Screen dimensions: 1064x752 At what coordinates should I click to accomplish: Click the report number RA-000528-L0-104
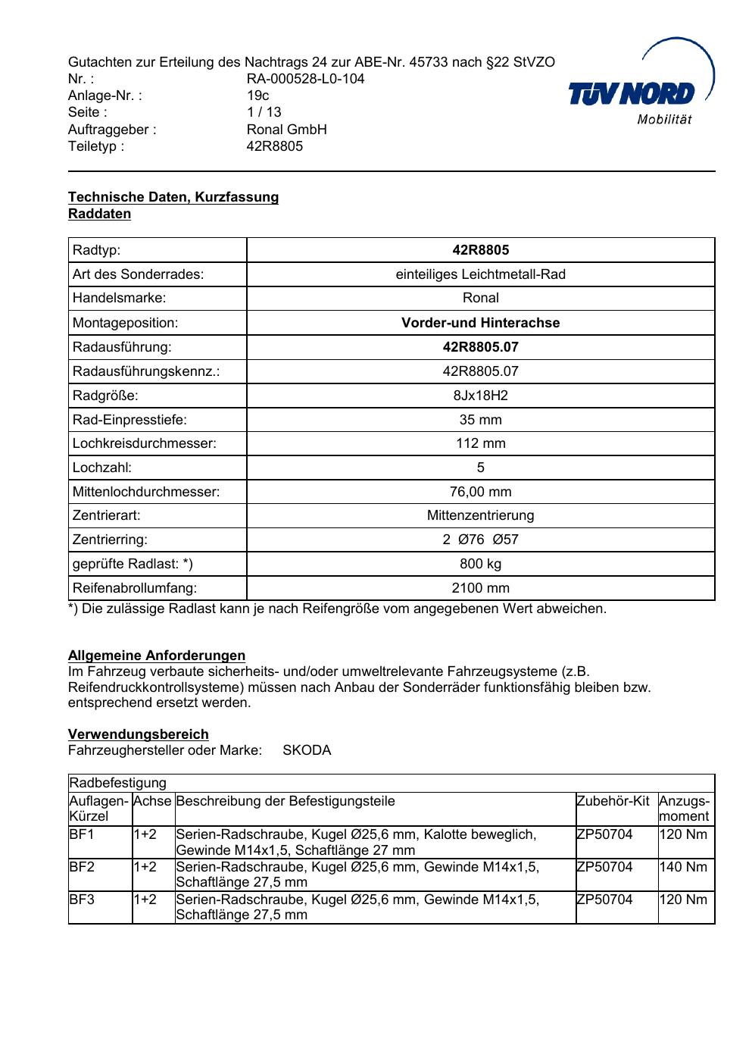(x=305, y=79)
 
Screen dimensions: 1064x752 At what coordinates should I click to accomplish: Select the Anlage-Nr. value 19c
(x=257, y=95)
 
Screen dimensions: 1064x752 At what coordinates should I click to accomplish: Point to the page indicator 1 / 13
(x=264, y=112)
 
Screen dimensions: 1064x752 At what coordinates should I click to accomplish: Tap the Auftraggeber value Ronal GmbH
(x=286, y=130)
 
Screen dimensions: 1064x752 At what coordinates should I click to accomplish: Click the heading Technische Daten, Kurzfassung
(x=173, y=197)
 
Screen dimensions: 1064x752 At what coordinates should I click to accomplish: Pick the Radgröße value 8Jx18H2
(x=480, y=396)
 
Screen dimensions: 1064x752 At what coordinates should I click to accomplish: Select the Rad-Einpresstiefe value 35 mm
(x=480, y=420)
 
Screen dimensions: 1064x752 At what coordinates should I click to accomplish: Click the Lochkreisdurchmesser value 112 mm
(x=480, y=443)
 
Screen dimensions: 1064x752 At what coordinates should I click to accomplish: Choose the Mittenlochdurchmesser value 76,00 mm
(x=480, y=492)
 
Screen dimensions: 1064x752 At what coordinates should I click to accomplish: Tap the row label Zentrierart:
(x=107, y=515)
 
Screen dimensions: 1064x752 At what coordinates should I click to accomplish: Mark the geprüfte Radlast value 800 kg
(x=480, y=564)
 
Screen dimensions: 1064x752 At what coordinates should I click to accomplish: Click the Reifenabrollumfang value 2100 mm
(x=480, y=588)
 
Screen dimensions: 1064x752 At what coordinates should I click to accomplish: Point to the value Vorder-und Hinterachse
(x=480, y=323)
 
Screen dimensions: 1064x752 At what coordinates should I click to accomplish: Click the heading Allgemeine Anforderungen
(x=157, y=656)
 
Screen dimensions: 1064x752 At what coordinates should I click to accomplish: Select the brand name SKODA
(x=307, y=750)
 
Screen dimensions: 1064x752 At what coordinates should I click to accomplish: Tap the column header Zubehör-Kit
(x=613, y=801)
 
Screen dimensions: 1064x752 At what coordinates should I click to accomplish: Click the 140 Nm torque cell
(x=683, y=867)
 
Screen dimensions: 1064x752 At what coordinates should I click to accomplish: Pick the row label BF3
(x=82, y=900)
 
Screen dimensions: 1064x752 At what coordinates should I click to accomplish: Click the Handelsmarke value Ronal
(x=480, y=298)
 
